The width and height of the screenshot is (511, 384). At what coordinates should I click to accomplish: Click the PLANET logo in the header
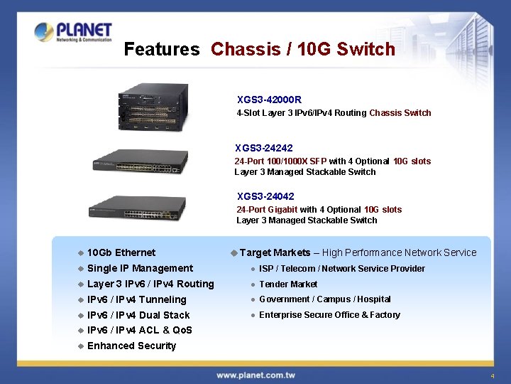coord(73,32)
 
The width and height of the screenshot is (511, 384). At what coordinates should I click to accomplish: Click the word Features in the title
coord(162,49)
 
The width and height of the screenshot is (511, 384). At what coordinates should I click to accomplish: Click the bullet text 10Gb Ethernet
coord(121,252)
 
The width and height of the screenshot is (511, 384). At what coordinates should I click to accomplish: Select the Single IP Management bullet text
coord(140,268)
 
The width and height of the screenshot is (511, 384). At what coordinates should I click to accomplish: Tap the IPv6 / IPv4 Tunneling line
coord(137,299)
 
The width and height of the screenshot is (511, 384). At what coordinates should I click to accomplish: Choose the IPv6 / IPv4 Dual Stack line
coord(138,315)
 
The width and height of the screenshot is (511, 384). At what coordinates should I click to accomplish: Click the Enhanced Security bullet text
coord(131,346)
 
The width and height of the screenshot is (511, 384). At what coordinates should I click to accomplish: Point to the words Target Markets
coord(275,252)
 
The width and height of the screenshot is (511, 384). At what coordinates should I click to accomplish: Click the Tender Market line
coord(288,284)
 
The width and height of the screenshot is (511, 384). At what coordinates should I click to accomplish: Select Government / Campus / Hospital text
coord(325,299)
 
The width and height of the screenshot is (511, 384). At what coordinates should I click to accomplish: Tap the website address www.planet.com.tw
coord(255,375)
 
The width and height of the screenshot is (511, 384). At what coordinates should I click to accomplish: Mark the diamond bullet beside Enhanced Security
coord(81,346)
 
